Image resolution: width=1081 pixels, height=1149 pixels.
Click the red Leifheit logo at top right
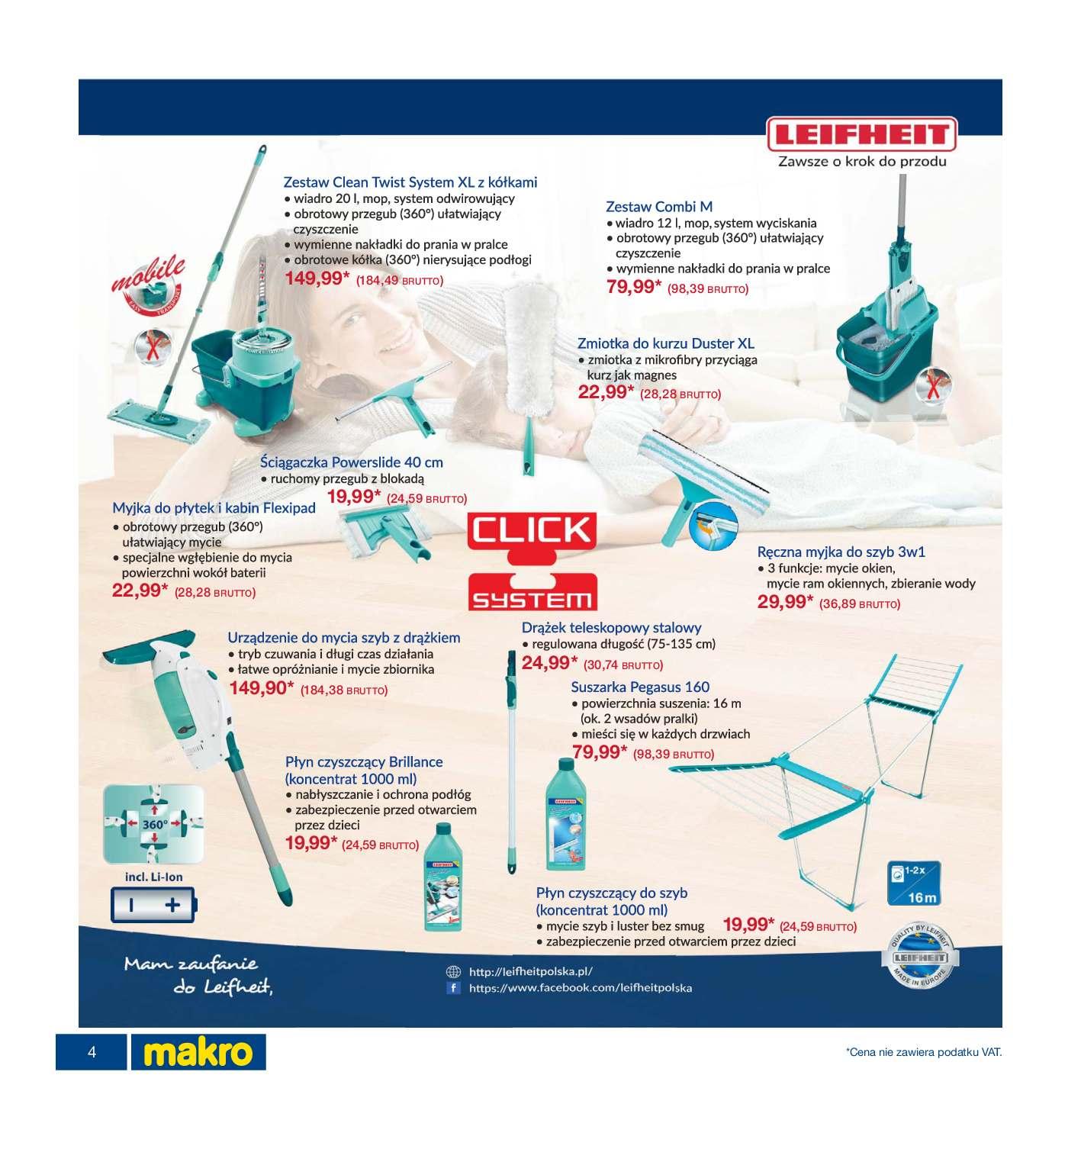pos(861,135)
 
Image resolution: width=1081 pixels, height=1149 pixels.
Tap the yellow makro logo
pos(198,1052)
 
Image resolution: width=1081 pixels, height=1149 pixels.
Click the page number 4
pos(92,1053)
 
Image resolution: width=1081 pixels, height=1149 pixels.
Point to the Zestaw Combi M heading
pos(659,207)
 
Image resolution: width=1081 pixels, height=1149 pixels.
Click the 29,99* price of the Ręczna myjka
pos(786,602)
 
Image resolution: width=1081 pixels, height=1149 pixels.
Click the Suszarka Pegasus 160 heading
pos(640,687)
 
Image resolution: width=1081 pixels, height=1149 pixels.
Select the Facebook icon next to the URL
pos(454,987)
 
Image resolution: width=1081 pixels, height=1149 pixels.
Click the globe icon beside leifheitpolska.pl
pos(454,972)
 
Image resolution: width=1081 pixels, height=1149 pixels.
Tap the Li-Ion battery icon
pos(154,906)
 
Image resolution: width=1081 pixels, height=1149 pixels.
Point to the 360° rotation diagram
pos(154,825)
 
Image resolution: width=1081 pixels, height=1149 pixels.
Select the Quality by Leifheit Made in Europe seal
pos(921,957)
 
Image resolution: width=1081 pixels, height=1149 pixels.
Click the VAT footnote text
pos(923,1053)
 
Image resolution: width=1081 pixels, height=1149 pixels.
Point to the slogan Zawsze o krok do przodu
pos(862,162)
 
